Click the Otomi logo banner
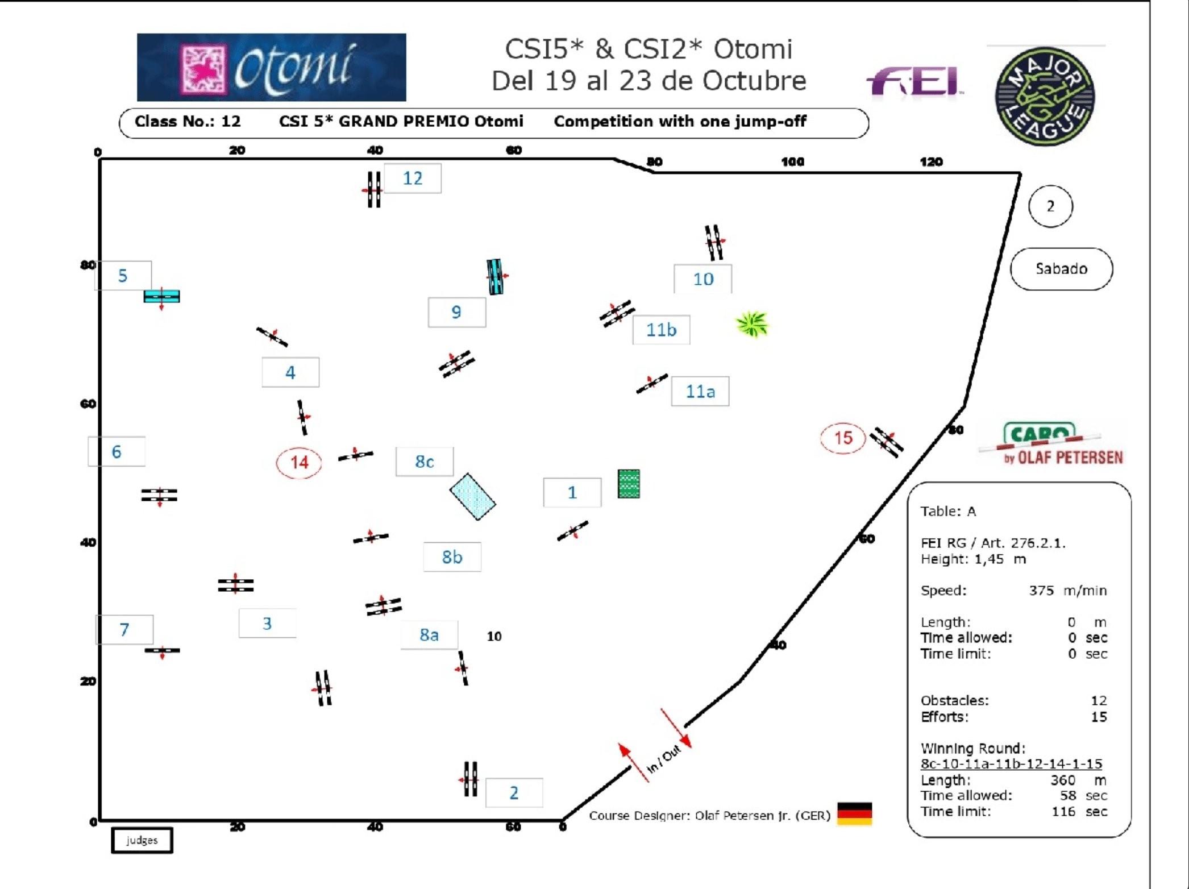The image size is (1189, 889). tap(271, 67)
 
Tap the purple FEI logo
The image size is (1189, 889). tap(914, 82)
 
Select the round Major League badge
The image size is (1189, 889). tap(1045, 96)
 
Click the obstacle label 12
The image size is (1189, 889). tap(413, 178)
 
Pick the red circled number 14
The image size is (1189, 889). tap(299, 463)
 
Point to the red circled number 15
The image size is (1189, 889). tap(843, 438)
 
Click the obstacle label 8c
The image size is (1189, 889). tap(425, 462)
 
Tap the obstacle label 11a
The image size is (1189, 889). tap(700, 392)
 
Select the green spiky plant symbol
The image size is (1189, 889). tap(752, 324)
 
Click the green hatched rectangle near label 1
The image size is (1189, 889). tap(629, 484)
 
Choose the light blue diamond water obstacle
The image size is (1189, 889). tap(472, 497)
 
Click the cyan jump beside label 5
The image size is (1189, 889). tap(162, 296)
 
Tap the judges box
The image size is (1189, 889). tap(142, 840)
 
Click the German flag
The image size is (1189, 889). tap(854, 813)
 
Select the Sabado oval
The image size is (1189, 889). tap(1061, 269)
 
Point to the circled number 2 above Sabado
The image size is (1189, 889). tap(1050, 206)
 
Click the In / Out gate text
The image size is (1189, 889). tap(664, 759)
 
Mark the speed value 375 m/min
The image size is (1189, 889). tap(1067, 591)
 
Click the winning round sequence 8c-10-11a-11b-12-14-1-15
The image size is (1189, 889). tap(1011, 764)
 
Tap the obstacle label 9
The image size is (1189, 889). tap(456, 312)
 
